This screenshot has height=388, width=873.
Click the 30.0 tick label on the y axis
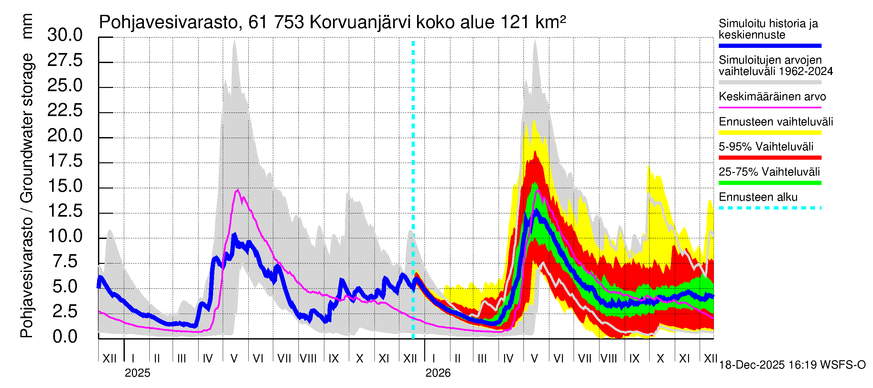65,35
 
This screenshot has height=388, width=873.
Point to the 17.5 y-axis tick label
65,161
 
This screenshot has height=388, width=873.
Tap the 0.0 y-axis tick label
65,337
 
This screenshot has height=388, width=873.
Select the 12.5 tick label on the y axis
65,211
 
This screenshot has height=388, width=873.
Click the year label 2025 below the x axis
137,373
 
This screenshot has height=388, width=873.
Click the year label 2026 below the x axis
438,373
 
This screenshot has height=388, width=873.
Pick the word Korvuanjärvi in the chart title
360,23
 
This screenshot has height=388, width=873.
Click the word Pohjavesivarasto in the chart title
168,23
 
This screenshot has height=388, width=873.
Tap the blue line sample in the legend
770,46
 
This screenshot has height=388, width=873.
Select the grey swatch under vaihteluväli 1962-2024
770,82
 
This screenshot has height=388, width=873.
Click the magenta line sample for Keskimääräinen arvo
770,107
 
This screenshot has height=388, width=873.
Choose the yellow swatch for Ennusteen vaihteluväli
770,133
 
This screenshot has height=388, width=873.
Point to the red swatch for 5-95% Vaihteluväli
770,157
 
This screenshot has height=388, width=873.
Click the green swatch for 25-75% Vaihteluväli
770,183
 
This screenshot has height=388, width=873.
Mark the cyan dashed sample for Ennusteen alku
770,208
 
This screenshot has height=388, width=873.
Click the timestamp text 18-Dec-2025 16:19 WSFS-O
792,365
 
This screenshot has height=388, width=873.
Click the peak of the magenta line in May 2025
238,190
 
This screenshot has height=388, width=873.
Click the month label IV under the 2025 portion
207,359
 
